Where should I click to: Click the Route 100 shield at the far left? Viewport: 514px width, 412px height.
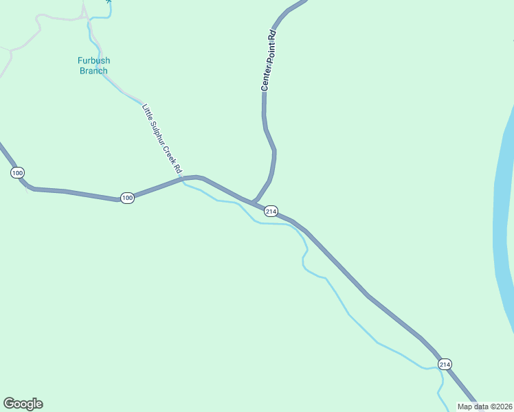point(17,172)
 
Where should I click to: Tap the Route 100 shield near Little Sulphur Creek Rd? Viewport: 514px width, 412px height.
point(126,198)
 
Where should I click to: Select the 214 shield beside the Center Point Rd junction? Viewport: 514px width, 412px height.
point(271,211)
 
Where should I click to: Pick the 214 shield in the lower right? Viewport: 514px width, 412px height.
point(445,364)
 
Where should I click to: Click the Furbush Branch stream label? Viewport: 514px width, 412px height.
point(93,65)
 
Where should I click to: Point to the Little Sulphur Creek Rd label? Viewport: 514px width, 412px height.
point(162,138)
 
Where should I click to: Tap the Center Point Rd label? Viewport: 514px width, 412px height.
point(268,60)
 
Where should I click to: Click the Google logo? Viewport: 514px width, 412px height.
point(23,404)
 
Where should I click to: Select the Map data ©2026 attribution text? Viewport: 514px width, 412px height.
point(484,407)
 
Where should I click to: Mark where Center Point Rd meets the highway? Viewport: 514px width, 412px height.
point(254,202)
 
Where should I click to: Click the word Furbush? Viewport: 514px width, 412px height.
point(93,60)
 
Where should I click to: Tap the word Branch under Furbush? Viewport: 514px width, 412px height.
point(93,71)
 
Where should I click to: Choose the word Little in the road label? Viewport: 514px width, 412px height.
point(146,111)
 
